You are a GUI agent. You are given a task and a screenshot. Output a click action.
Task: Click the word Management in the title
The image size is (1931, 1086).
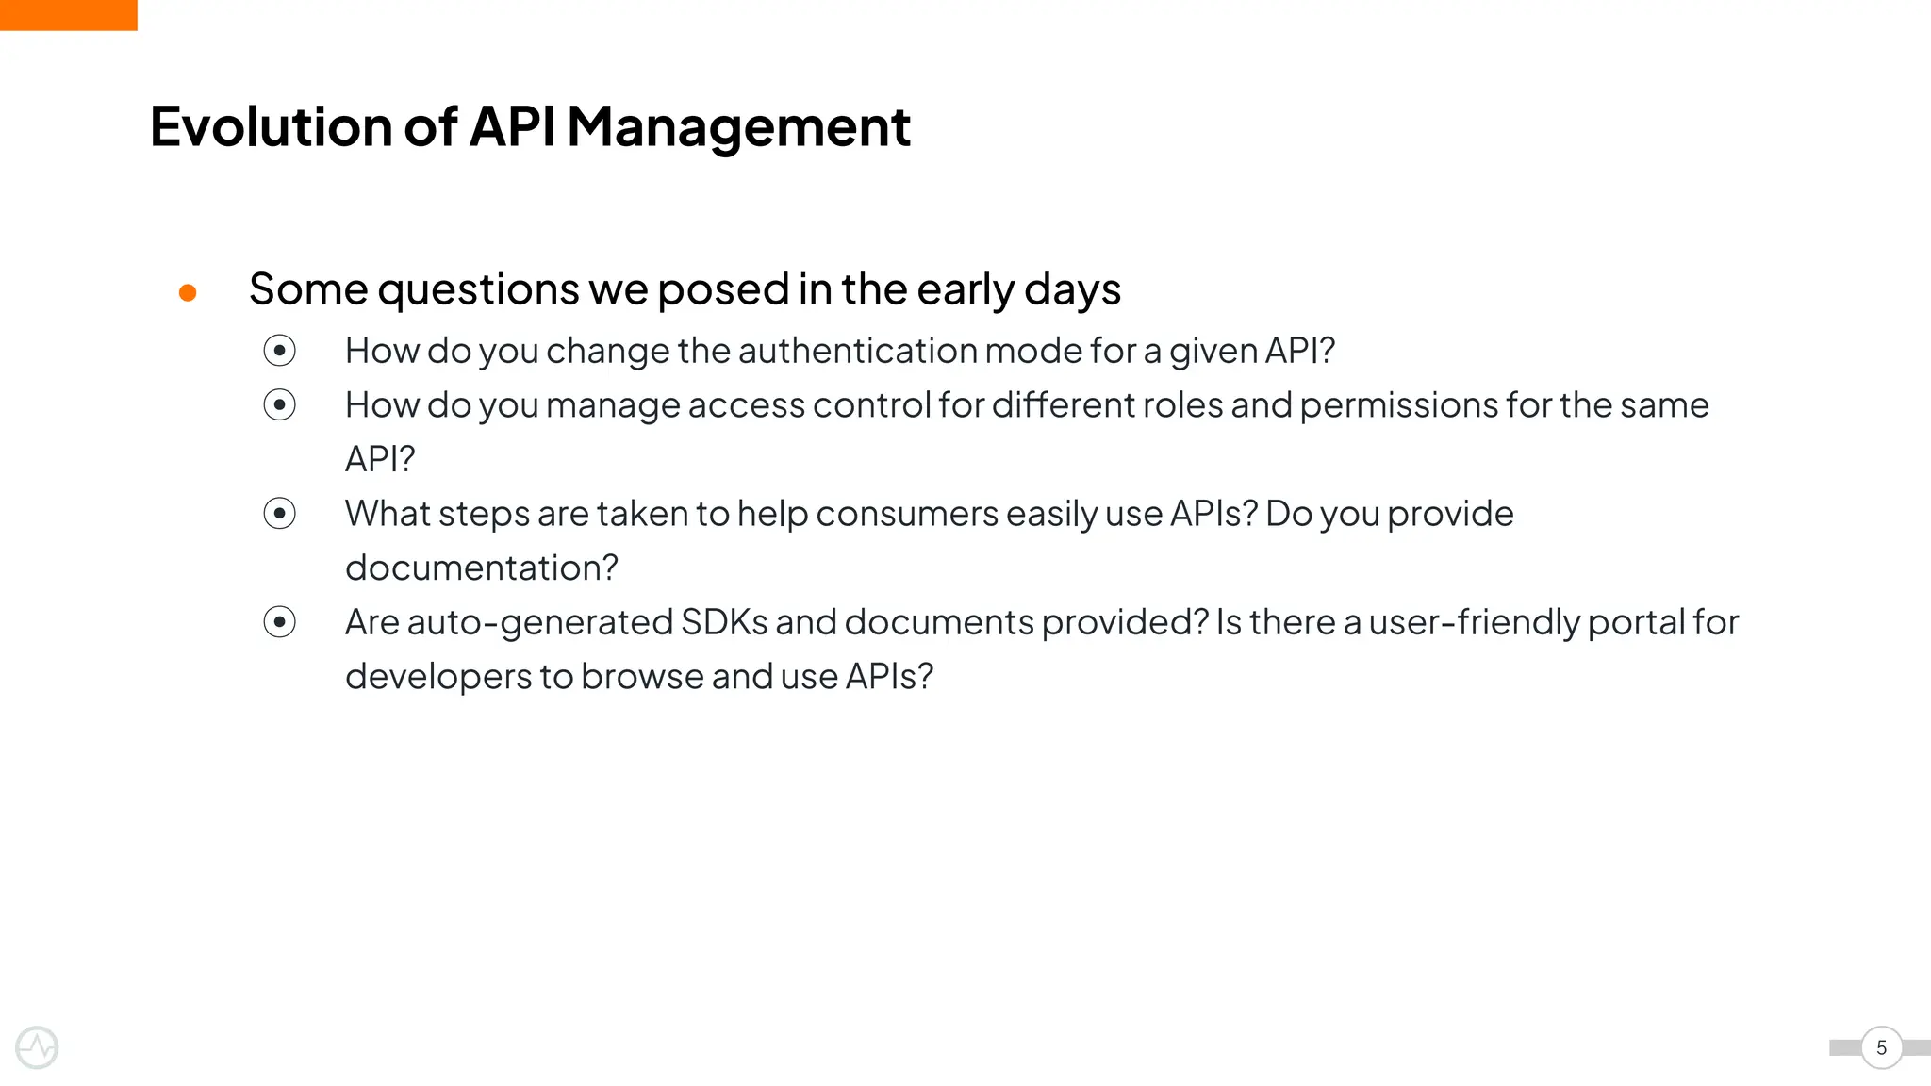point(738,126)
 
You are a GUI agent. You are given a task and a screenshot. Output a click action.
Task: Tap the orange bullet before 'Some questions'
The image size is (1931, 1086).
point(188,293)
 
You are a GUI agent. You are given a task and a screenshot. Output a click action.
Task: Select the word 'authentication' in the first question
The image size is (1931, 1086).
point(858,351)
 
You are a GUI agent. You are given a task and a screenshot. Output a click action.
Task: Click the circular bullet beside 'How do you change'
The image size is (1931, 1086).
point(279,351)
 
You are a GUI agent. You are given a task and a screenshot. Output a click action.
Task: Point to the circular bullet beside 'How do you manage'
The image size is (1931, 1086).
point(279,405)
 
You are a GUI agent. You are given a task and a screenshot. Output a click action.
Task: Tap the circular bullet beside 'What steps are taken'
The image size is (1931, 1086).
point(279,514)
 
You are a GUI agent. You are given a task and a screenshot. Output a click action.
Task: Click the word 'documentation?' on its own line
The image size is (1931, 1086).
point(481,568)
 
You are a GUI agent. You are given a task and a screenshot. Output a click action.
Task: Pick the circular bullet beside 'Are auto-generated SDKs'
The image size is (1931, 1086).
point(279,622)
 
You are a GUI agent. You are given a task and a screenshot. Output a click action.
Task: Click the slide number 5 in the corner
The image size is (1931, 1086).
point(1881,1047)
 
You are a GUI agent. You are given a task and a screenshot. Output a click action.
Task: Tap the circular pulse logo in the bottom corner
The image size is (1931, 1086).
point(37,1047)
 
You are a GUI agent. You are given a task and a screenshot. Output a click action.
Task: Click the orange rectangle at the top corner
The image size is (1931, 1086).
point(68,15)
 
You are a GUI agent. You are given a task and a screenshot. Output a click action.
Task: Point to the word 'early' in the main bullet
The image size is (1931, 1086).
point(965,288)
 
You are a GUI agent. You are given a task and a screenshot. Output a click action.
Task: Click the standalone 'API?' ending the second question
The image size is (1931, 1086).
point(380,459)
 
